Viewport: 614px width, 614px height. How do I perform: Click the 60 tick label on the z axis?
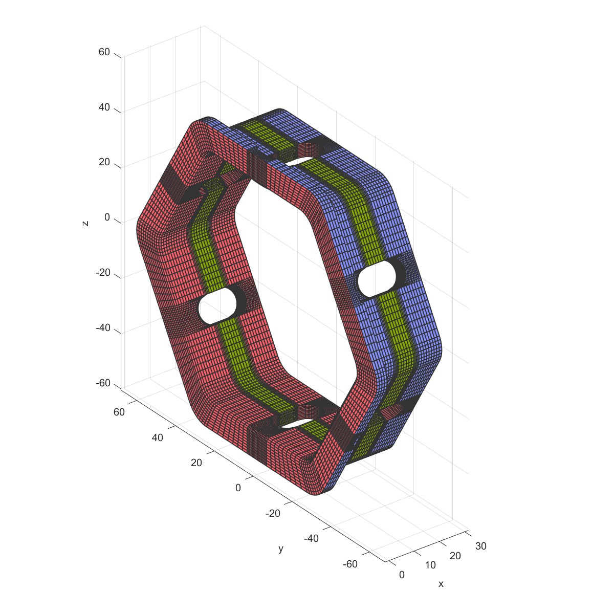tap(104, 52)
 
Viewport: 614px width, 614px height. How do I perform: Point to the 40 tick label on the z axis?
tap(104, 107)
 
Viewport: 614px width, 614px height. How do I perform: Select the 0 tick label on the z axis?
tap(107, 217)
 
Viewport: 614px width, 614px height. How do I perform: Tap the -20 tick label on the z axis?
tap(103, 273)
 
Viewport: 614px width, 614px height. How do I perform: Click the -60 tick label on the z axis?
tap(103, 383)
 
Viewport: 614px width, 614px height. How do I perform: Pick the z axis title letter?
tap(85, 224)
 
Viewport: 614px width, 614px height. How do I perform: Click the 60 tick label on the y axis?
tap(119, 412)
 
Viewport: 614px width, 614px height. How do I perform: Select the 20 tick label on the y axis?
tap(196, 463)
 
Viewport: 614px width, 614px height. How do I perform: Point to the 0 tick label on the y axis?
tap(238, 488)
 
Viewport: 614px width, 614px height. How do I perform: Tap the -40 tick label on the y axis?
tap(311, 538)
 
